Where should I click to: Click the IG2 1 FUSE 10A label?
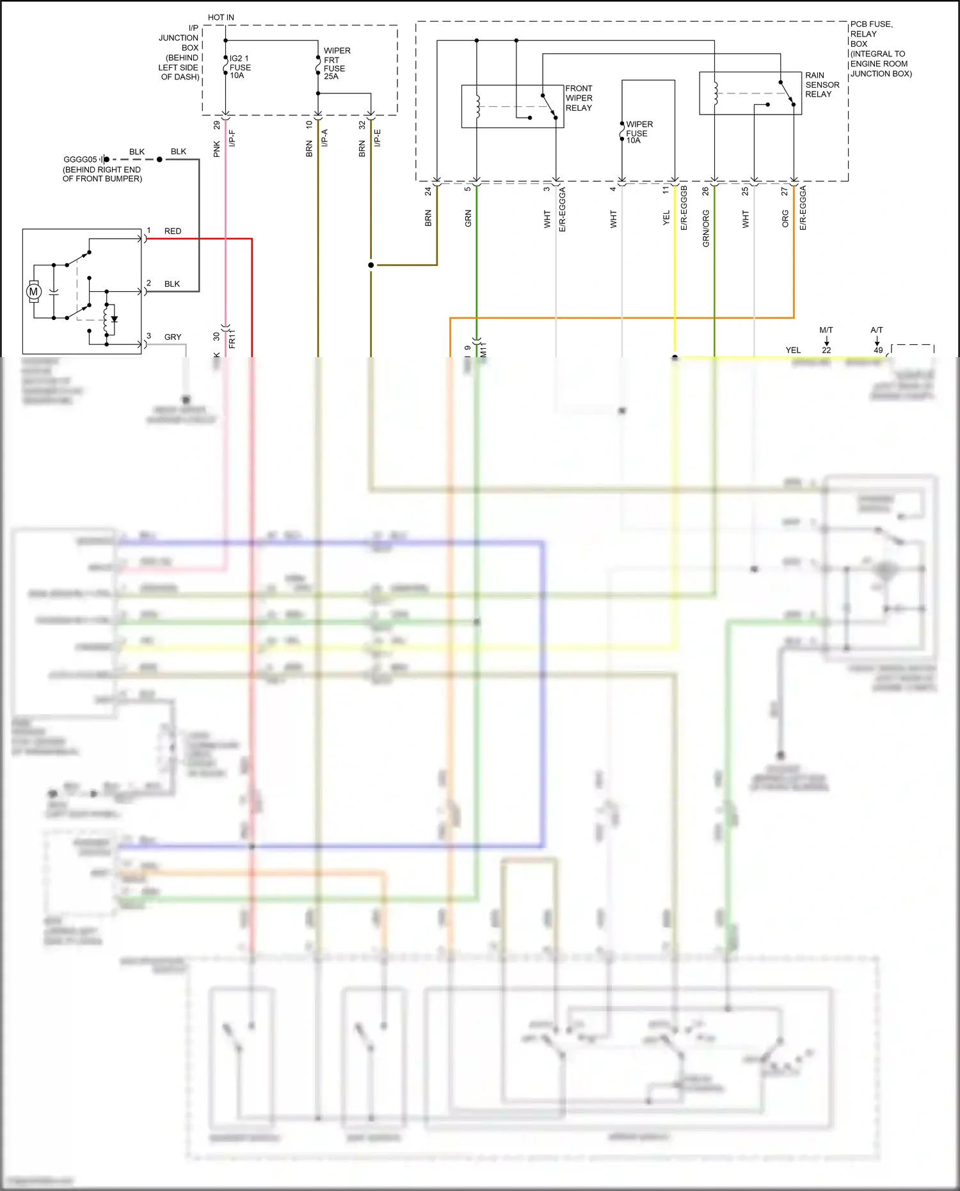(x=240, y=67)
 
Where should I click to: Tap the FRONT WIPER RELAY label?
(x=579, y=98)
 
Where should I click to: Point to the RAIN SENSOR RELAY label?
(x=822, y=84)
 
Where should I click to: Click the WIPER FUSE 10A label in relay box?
(x=638, y=132)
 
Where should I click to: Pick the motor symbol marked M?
(x=34, y=292)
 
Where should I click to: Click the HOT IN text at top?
(x=221, y=17)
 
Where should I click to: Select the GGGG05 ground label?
(x=80, y=159)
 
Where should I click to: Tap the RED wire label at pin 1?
(x=173, y=231)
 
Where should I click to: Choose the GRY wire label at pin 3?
(x=173, y=337)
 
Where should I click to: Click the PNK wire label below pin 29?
(x=216, y=149)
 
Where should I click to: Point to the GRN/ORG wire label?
(x=706, y=228)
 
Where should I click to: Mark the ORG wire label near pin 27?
(x=785, y=219)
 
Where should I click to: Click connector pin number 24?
(x=428, y=191)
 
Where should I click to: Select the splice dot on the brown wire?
(x=371, y=265)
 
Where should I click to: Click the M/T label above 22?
(x=826, y=330)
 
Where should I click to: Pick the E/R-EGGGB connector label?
(x=684, y=208)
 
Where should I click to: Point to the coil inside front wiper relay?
(x=477, y=106)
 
